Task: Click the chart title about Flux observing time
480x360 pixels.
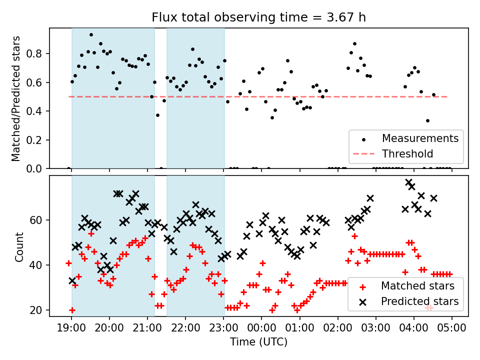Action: (x=258, y=17)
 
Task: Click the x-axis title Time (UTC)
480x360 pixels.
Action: (x=258, y=342)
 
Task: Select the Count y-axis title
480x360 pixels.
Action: (x=19, y=246)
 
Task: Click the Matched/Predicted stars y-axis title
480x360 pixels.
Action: (x=16, y=98)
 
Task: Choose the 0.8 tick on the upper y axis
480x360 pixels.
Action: (x=37, y=53)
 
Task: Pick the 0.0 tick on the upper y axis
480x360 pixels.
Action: (x=37, y=169)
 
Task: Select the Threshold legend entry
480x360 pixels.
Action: (x=407, y=153)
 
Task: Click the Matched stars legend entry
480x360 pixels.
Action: (x=417, y=286)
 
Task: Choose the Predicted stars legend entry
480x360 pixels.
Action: (x=419, y=301)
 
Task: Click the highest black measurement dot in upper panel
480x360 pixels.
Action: (x=91, y=34)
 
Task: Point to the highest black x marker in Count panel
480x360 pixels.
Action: (x=408, y=182)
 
